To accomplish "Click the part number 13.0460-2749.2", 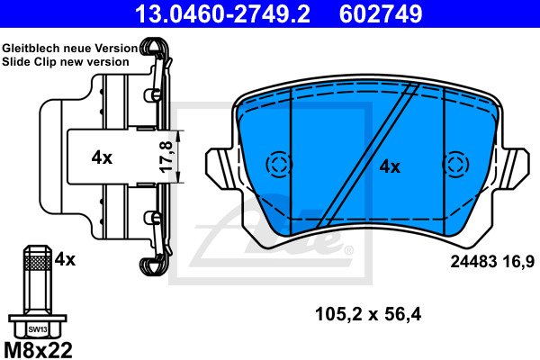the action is coord(222,13).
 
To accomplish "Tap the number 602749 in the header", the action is coord(381,13).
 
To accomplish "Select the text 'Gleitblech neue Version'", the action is coord(70,49).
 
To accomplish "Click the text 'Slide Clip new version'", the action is coord(66,62).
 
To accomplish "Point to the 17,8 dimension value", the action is coord(166,157).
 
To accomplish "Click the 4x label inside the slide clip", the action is coord(102,157).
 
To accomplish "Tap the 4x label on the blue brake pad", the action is coord(390,167).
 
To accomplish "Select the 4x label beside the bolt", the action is coord(65,259).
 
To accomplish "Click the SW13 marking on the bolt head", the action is coord(38,329).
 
